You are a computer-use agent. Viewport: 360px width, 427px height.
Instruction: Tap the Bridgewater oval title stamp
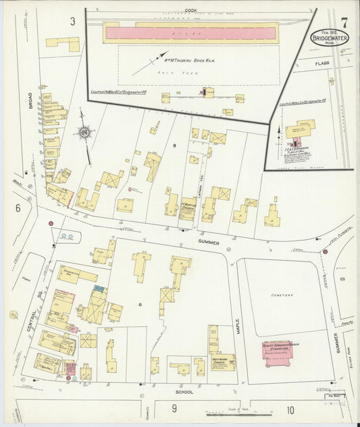tap(327, 36)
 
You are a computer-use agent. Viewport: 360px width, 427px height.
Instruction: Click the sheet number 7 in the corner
tap(344, 22)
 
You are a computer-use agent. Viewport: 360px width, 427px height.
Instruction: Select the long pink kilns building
tap(190, 32)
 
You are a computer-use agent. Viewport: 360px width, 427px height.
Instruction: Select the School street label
tap(184, 391)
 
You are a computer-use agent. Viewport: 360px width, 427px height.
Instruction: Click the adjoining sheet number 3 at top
tap(72, 21)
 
